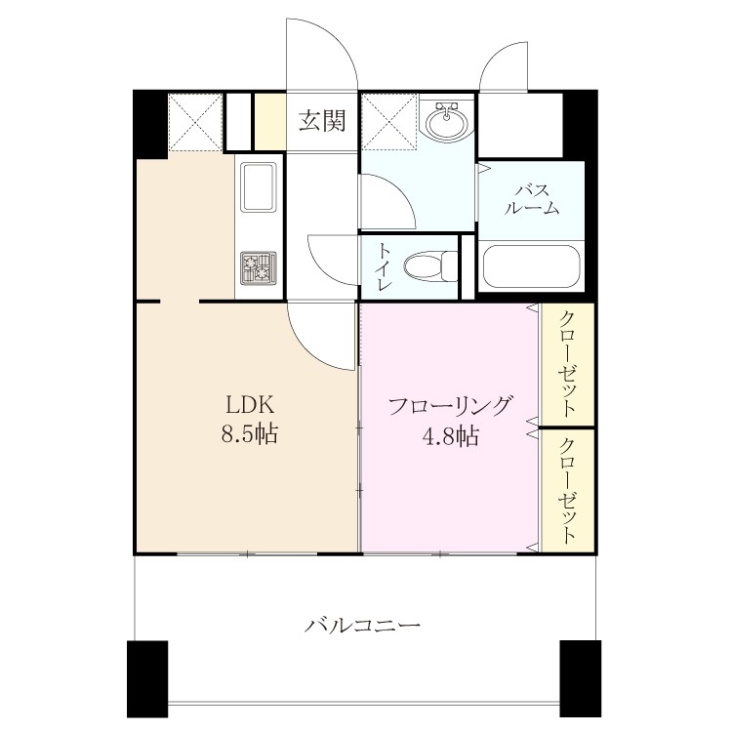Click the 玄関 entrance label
pos(322,121)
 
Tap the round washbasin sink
pos(447,119)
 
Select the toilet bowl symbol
pos(430,266)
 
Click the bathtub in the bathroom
pos(531,266)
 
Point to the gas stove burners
pos(259,268)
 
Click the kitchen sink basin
pos(259,186)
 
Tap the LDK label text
pos(250,405)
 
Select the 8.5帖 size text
pos(250,434)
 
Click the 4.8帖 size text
pos(451,436)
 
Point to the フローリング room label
pos(450,406)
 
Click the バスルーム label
pos(532,199)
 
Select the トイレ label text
pos(384,267)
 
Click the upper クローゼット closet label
pos(567,364)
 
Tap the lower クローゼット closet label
pos(567,491)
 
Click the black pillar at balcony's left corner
pos(147,678)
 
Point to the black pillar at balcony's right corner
pos(581,678)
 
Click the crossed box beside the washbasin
pos(390,121)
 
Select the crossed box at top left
pos(194,122)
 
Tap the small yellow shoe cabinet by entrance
pos(269,122)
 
